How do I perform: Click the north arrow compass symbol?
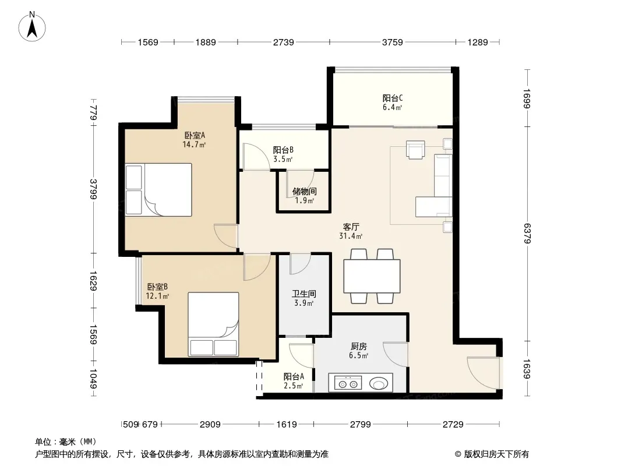[x=32, y=27]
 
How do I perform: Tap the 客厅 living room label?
[x=351, y=227]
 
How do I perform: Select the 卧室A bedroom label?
[x=195, y=135]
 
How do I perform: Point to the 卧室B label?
[x=157, y=287]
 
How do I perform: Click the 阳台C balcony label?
[x=393, y=98]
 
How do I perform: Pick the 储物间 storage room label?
[x=304, y=192]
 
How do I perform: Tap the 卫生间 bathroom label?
[x=304, y=294]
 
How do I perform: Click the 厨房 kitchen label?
[x=358, y=347]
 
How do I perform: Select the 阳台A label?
[x=294, y=376]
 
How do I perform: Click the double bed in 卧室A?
[x=159, y=190]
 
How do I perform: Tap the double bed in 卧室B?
[x=213, y=324]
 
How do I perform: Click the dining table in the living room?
[x=372, y=276]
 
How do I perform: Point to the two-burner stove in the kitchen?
[x=348, y=383]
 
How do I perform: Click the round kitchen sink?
[x=379, y=383]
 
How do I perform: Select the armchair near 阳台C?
[x=415, y=150]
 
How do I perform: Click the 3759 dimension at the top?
[x=392, y=42]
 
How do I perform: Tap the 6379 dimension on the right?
[x=527, y=233]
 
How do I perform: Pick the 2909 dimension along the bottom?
[x=210, y=425]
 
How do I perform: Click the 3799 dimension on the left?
[x=93, y=189]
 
